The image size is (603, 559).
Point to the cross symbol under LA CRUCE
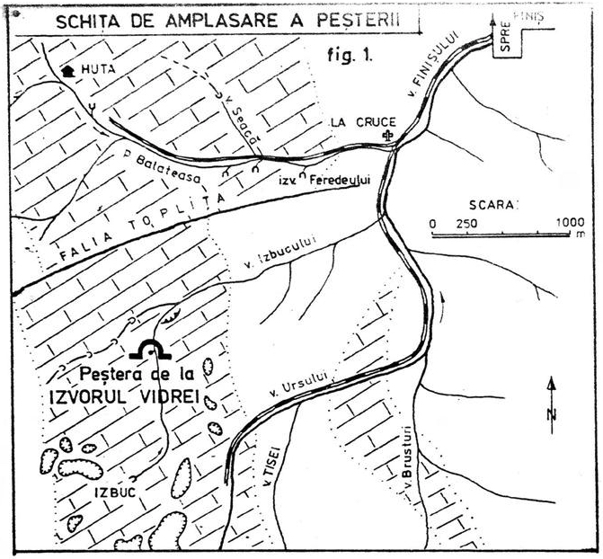[387, 136]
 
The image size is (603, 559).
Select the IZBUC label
[111, 492]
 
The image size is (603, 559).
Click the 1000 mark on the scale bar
[569, 223]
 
